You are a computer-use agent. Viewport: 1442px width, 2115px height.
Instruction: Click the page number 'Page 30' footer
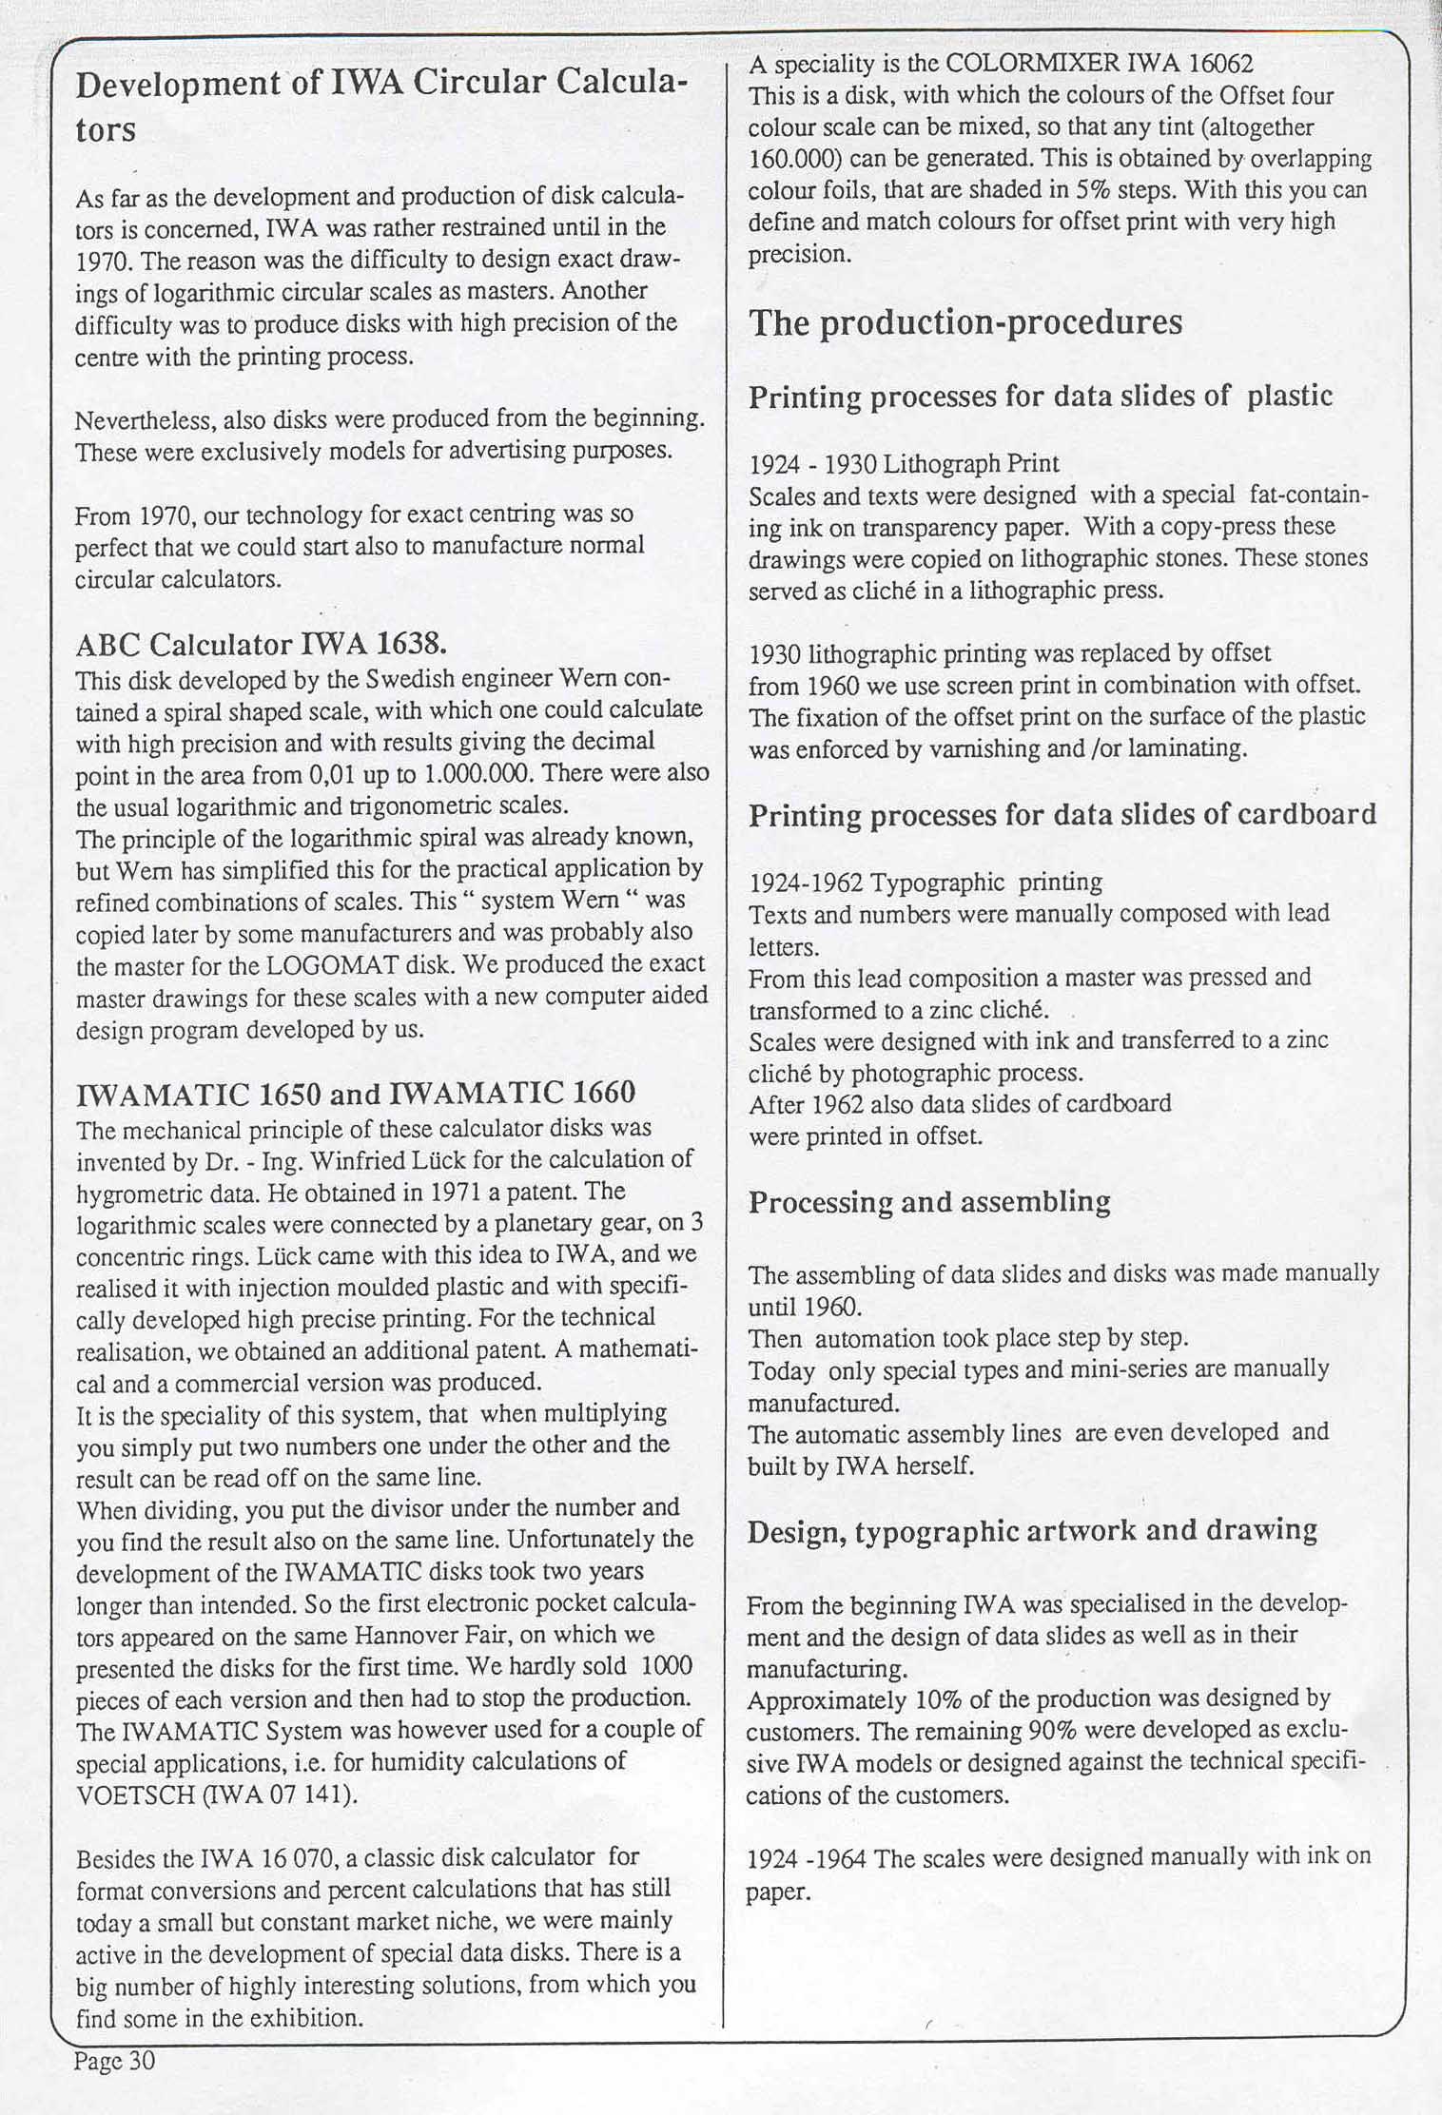click(x=114, y=2060)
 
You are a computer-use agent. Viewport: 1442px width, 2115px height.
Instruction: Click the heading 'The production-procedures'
click(x=965, y=322)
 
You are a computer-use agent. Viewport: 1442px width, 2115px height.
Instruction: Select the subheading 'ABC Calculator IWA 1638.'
click(x=261, y=646)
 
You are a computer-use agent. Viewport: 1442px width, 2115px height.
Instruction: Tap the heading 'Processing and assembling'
click(x=928, y=1202)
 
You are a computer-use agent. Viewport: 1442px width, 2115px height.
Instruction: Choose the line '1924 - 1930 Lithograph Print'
click(x=903, y=464)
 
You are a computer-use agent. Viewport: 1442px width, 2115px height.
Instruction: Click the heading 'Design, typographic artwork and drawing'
click(x=1031, y=1531)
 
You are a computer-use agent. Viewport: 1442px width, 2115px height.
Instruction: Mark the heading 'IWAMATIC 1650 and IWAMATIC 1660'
click(x=355, y=1093)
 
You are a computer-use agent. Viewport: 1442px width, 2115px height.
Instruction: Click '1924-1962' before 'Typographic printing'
click(x=805, y=883)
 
